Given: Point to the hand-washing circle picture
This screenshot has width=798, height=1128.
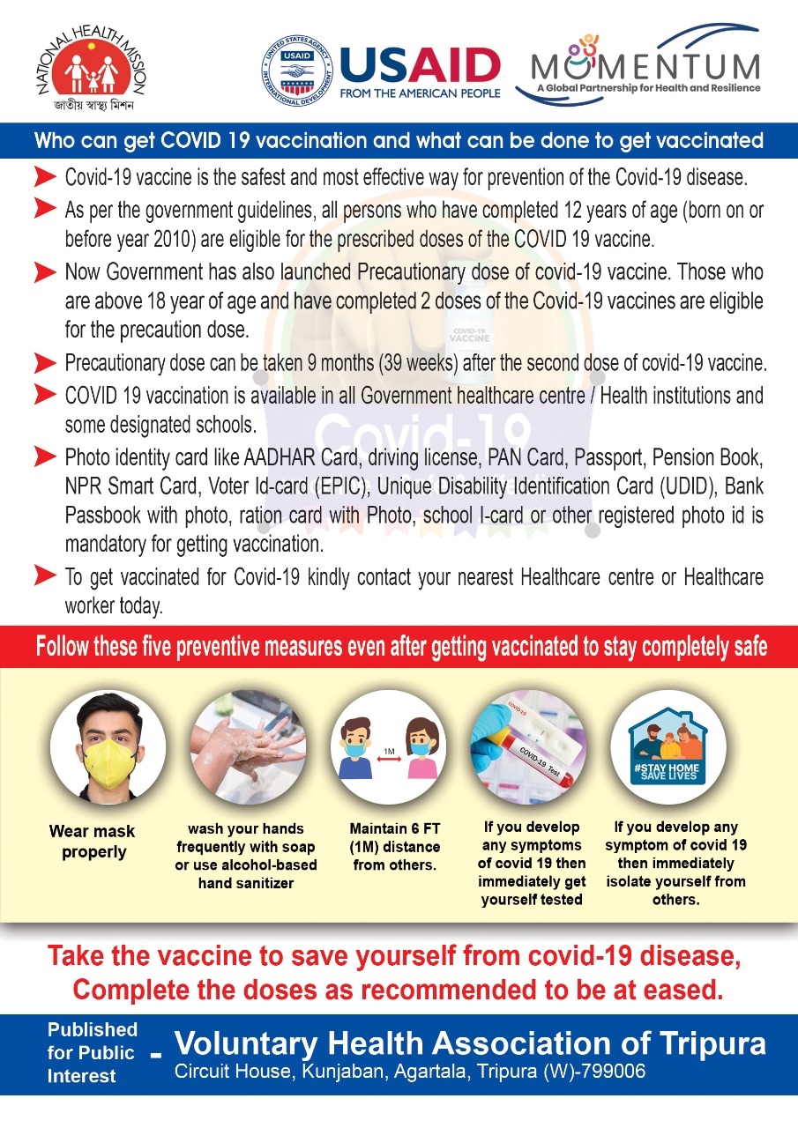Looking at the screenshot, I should click(x=249, y=746).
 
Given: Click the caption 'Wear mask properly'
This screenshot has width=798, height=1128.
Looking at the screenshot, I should click(x=92, y=842).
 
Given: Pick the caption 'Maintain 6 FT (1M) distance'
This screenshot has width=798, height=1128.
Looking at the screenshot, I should click(x=394, y=847).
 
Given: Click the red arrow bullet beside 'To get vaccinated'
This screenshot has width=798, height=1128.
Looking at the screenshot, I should click(x=46, y=576).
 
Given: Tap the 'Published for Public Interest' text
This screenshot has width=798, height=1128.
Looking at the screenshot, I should click(x=92, y=1052).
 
